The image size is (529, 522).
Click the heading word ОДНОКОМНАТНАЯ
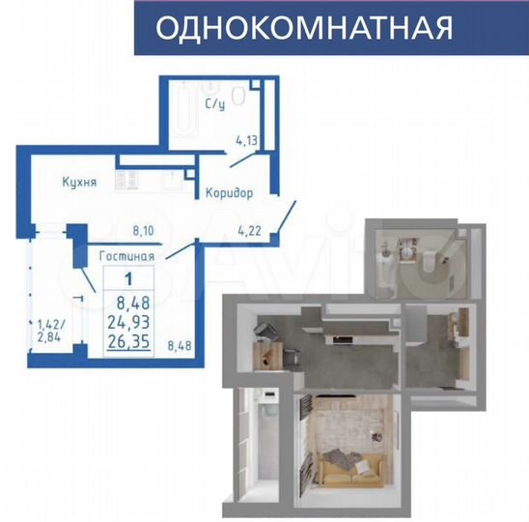(304, 28)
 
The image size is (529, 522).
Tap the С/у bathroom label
(215, 103)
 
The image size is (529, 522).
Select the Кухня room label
(79, 182)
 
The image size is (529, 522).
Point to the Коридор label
(229, 193)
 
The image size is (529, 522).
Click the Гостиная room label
(126, 256)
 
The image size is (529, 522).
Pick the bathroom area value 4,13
(246, 140)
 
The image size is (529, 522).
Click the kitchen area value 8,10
(144, 231)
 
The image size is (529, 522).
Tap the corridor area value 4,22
(249, 231)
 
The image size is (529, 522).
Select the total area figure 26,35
(128, 341)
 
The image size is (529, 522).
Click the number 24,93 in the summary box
(128, 322)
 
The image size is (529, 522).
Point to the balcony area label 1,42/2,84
(50, 331)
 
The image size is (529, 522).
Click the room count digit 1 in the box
(128, 279)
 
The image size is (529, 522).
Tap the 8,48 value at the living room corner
(180, 346)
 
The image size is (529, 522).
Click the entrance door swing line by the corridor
(287, 217)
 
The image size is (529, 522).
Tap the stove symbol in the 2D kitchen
(126, 181)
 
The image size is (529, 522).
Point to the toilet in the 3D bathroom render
(428, 261)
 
